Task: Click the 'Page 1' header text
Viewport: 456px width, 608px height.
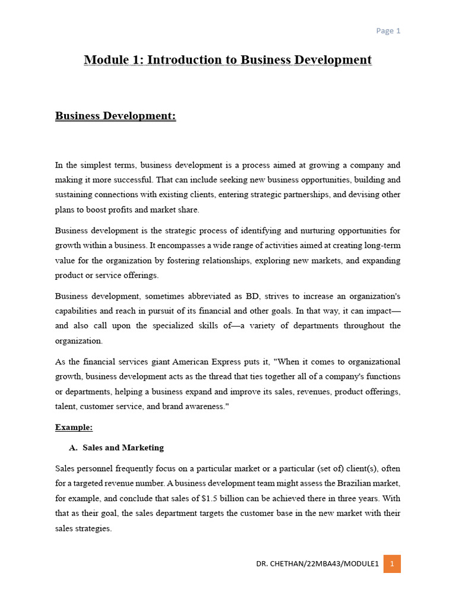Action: (388, 31)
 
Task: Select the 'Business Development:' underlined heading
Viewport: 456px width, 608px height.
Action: (116, 116)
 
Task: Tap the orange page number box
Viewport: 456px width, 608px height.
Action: (392, 563)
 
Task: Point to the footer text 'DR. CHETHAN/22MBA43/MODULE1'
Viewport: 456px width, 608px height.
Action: (317, 563)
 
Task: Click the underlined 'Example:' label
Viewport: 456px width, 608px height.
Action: (74, 427)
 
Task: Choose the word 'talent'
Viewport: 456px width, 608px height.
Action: (66, 406)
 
